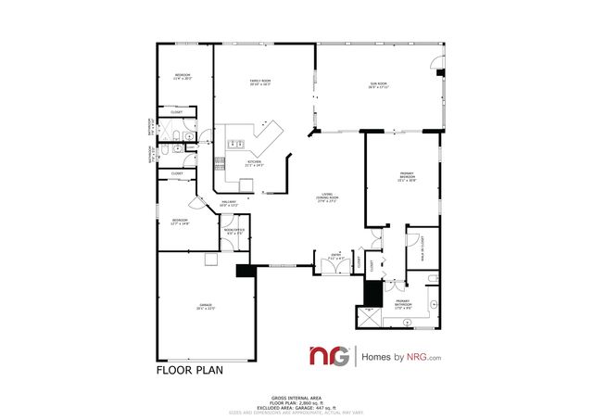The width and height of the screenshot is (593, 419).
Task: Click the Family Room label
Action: click(259, 83)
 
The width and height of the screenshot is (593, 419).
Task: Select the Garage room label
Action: click(206, 307)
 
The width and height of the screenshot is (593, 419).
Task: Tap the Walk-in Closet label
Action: click(430, 247)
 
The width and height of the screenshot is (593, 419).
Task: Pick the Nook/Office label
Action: click(234, 230)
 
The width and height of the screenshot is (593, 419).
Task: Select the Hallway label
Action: click(229, 203)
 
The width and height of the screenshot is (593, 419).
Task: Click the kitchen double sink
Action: click(235, 143)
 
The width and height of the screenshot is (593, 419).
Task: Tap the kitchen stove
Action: click(221, 162)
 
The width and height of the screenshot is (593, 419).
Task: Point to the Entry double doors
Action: click(328, 266)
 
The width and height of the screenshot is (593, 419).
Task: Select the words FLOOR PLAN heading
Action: click(189, 368)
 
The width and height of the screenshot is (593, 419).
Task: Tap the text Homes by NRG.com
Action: click(400, 357)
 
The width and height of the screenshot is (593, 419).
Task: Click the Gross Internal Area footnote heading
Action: click(296, 395)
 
